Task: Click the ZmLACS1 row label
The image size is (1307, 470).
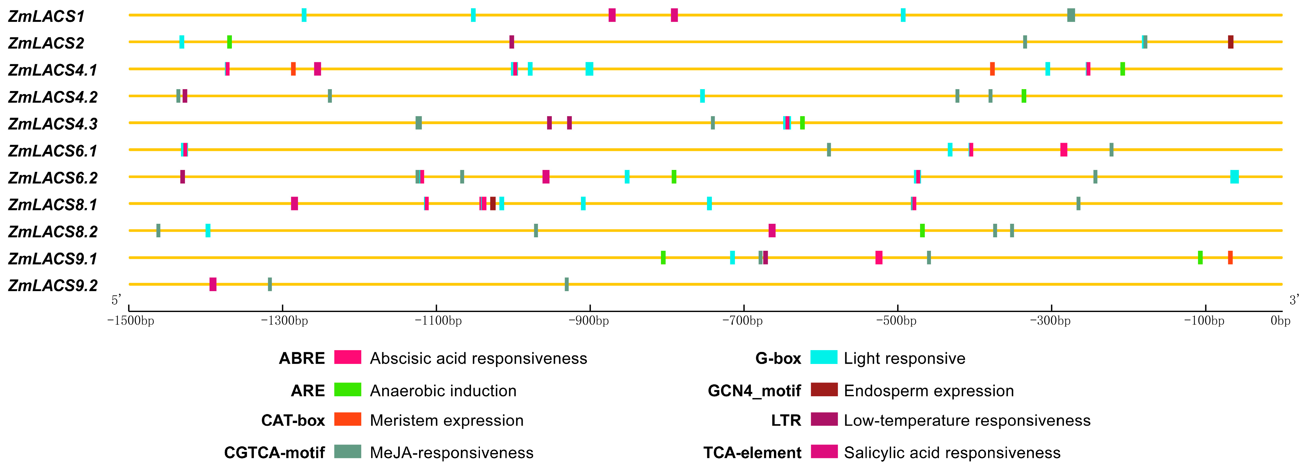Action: (x=46, y=16)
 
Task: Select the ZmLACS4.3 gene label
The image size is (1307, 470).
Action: (x=53, y=124)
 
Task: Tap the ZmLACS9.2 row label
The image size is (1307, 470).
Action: (x=53, y=285)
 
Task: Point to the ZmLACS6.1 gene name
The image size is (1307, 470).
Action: (x=53, y=151)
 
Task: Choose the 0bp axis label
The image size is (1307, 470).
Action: (x=1280, y=321)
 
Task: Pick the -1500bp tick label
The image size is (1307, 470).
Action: (x=130, y=321)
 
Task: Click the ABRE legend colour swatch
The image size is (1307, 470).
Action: (x=347, y=357)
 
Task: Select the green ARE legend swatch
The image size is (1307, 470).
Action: (x=347, y=390)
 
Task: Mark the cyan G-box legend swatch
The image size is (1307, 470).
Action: (x=823, y=357)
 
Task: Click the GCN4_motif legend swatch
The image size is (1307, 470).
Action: (x=823, y=390)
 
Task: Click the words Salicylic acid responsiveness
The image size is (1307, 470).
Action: (x=952, y=453)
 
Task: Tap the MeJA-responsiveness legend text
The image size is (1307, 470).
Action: (x=452, y=453)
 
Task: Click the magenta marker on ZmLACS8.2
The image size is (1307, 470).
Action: (x=772, y=231)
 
